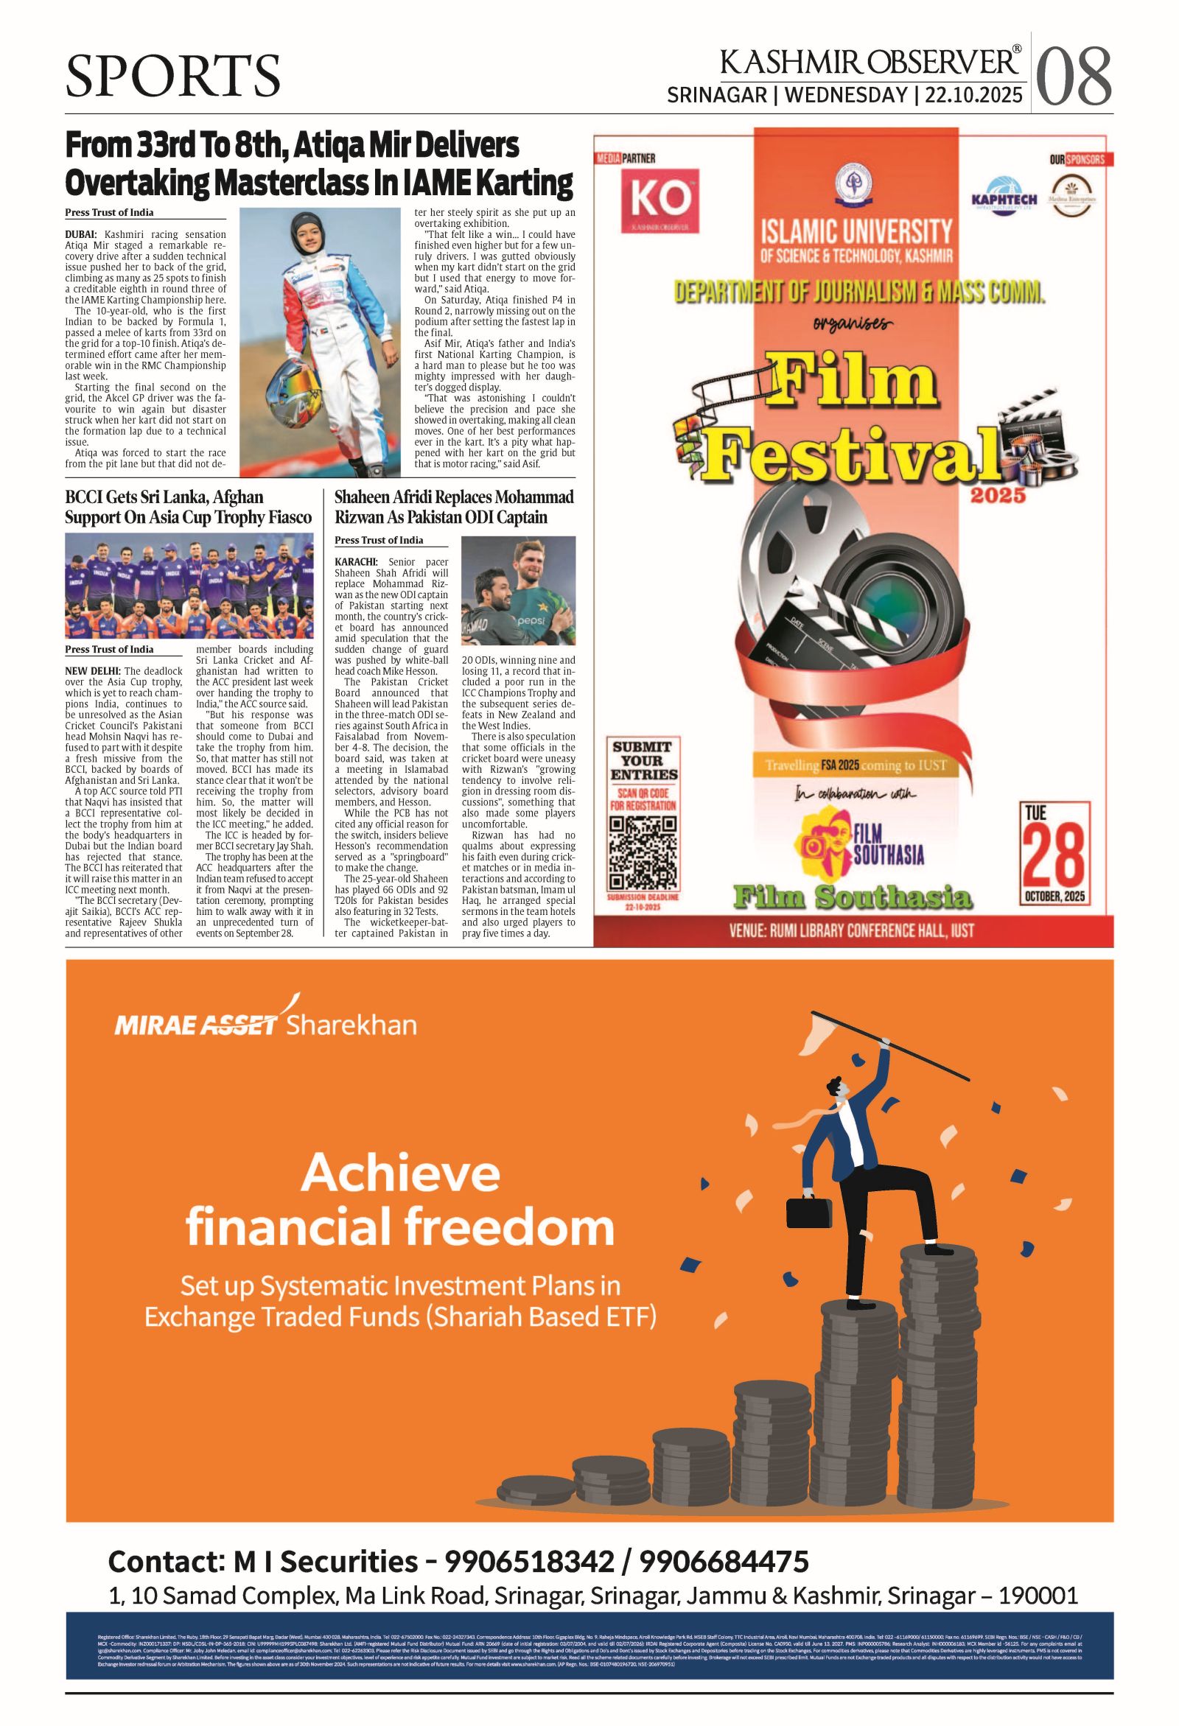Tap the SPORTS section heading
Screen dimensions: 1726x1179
172,77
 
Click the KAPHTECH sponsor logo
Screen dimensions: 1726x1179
1004,195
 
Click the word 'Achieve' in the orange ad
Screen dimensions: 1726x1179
401,1174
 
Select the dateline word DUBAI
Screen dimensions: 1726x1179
82,235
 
